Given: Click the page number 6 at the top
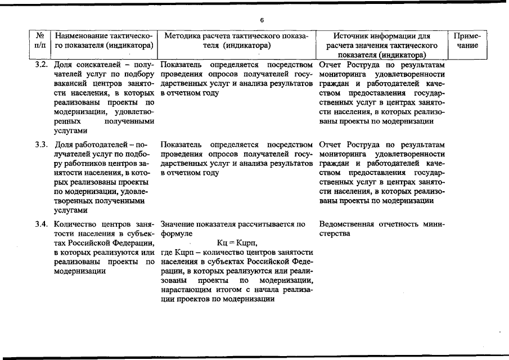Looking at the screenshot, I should point(262,20).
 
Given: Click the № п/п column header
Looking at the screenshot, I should point(40,40).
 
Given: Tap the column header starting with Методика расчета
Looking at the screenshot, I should point(236,40).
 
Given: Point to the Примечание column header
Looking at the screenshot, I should point(467,40).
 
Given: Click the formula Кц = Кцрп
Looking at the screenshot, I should point(236,242).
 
